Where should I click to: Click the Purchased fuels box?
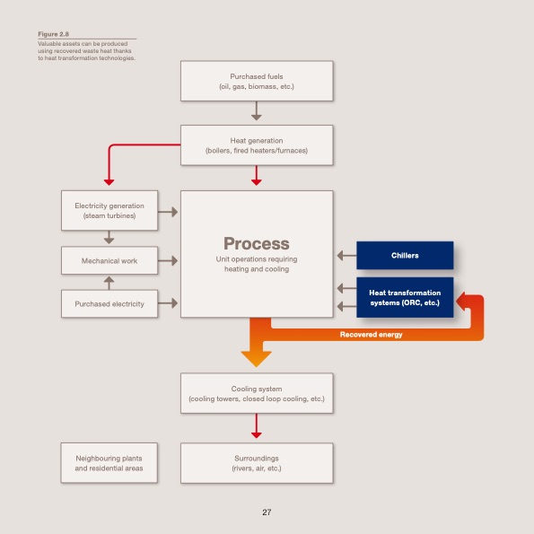pyautogui.click(x=257, y=81)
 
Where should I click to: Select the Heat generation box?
pyautogui.click(x=257, y=145)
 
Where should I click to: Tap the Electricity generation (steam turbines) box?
pyautogui.click(x=109, y=211)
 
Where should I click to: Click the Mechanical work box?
pyautogui.click(x=109, y=260)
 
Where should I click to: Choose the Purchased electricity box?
pyautogui.click(x=109, y=303)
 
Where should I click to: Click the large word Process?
pyautogui.click(x=257, y=243)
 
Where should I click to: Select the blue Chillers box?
pyautogui.click(x=405, y=256)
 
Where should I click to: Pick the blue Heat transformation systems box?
pyautogui.click(x=405, y=298)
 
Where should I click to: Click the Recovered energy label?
pyautogui.click(x=371, y=335)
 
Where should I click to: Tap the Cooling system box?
pyautogui.click(x=257, y=393)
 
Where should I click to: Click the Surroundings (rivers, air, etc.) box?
pyautogui.click(x=257, y=463)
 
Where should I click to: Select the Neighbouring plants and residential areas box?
pyautogui.click(x=109, y=463)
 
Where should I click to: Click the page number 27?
pyautogui.click(x=267, y=512)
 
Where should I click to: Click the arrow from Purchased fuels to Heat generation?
pyautogui.click(x=257, y=112)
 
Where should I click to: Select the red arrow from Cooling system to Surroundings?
pyautogui.click(x=257, y=425)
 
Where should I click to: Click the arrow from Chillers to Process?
pyautogui.click(x=346, y=256)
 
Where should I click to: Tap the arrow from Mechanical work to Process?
pyautogui.click(x=168, y=260)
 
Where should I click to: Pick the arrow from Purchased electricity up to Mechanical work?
pyautogui.click(x=109, y=282)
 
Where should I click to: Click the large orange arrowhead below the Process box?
pyautogui.click(x=257, y=356)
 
